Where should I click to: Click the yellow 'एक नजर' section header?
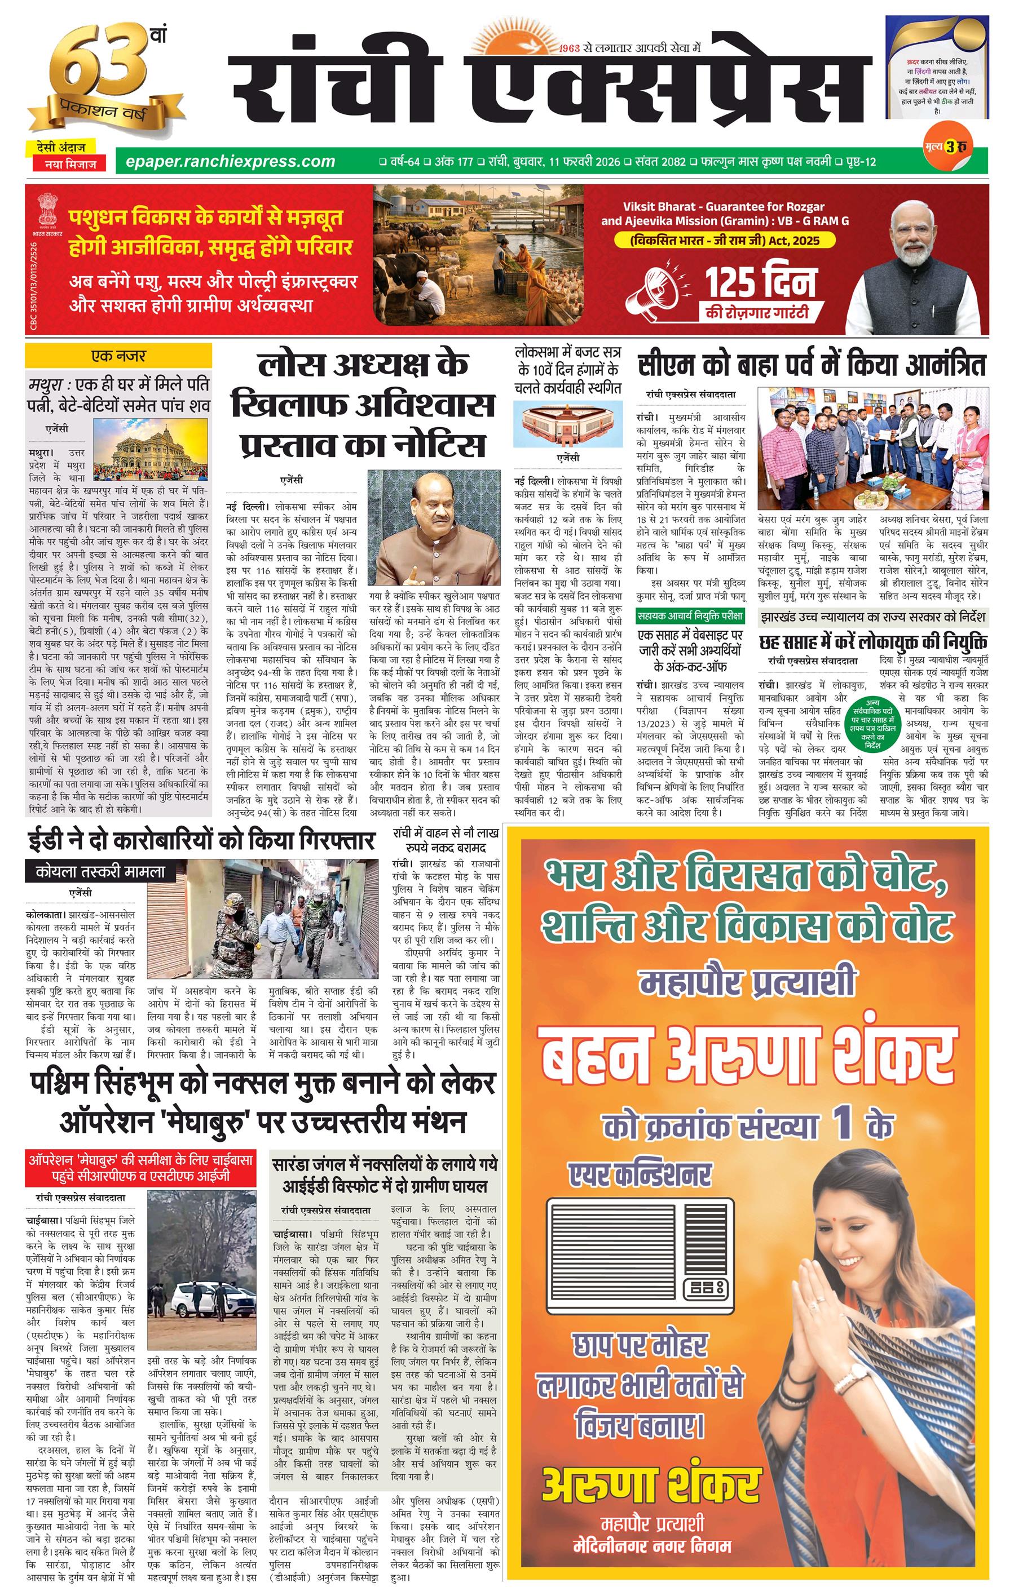point(118,357)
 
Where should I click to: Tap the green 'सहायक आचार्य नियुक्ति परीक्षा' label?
point(690,617)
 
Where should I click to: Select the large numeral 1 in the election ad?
point(844,1126)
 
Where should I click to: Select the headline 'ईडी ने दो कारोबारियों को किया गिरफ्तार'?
point(201,841)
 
